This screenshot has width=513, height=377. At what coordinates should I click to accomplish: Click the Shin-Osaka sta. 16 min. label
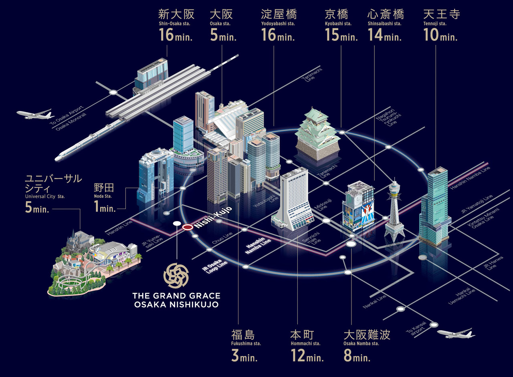coord(176,26)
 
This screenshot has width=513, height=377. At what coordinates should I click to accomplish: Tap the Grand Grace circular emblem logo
coord(176,276)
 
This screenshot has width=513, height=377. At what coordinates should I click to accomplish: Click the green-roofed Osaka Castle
coord(317,134)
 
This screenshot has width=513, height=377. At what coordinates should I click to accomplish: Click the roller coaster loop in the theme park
coord(72,283)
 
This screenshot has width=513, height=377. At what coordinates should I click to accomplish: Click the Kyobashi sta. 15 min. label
coord(341,26)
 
